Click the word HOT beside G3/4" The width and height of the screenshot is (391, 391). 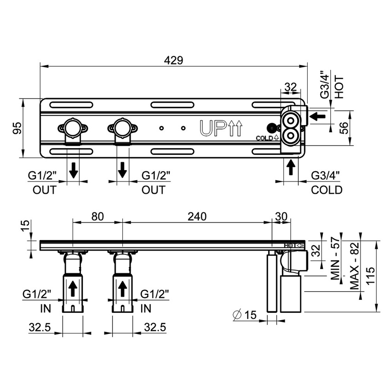[339, 87]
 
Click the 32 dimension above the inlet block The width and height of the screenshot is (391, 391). [291, 86]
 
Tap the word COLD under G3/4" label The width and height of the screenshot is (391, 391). [327, 190]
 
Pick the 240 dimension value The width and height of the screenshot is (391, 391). [197, 216]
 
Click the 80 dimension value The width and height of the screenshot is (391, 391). [97, 216]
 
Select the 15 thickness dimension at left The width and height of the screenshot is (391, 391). [26, 226]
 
